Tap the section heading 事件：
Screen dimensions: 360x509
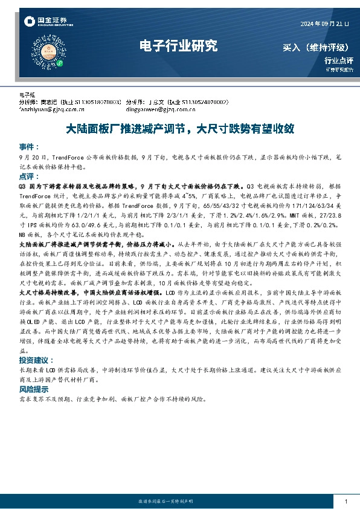pos(29,147)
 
